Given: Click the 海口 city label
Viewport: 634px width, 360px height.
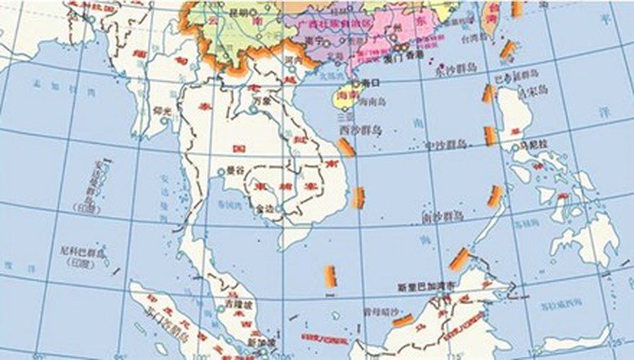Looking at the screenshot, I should (x=371, y=83).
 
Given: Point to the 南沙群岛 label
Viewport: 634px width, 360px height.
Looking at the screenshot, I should (x=442, y=217).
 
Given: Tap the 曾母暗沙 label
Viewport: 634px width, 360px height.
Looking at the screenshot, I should (x=381, y=311).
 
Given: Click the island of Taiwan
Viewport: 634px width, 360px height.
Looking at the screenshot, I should (x=491, y=20).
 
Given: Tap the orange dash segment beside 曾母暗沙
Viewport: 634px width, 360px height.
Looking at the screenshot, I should (x=402, y=320).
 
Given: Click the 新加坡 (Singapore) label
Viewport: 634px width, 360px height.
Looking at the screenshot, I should (x=261, y=342).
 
